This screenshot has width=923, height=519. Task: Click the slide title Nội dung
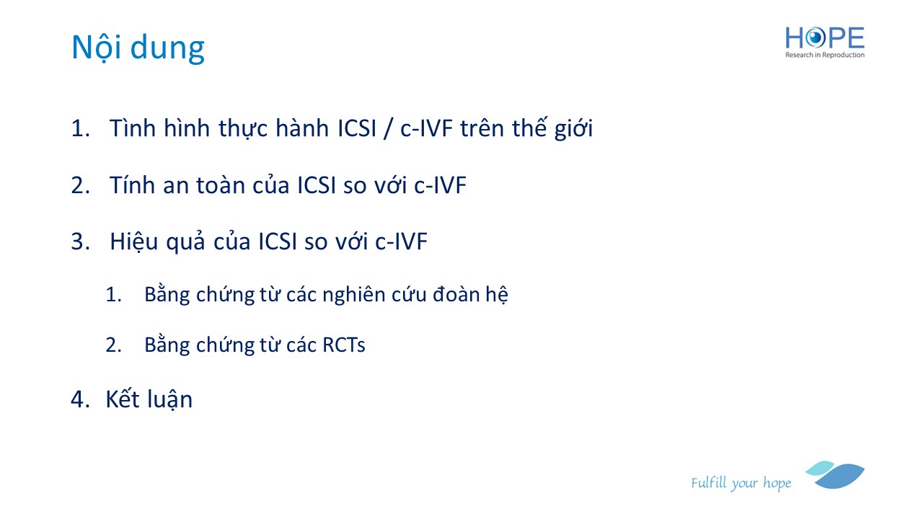tap(138, 48)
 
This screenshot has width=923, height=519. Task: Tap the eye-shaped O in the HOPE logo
tap(815, 38)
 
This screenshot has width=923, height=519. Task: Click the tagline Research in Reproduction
tap(824, 55)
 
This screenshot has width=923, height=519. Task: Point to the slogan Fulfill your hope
tap(741, 483)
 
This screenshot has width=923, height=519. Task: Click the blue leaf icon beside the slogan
tap(836, 475)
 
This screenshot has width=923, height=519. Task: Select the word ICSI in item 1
tap(357, 128)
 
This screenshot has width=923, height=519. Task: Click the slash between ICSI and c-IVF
tap(387, 129)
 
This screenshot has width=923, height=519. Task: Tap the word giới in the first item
tap(573, 128)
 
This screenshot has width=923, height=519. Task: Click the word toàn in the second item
tap(221, 185)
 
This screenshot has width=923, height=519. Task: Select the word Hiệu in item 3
tap(134, 241)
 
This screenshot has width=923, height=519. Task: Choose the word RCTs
tap(344, 345)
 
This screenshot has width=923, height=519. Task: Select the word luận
tap(169, 399)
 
